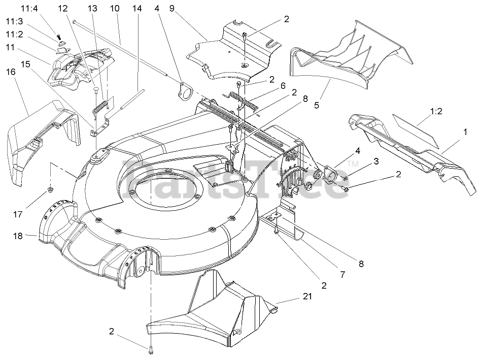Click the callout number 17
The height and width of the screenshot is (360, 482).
[18, 214]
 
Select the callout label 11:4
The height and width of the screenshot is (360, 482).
[15, 9]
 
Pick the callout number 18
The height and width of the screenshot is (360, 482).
[18, 236]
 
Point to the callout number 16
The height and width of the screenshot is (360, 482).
[11, 72]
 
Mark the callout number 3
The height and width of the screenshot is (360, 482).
[376, 162]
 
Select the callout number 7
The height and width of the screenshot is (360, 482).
[342, 275]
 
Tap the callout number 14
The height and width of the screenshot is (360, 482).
[136, 9]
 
